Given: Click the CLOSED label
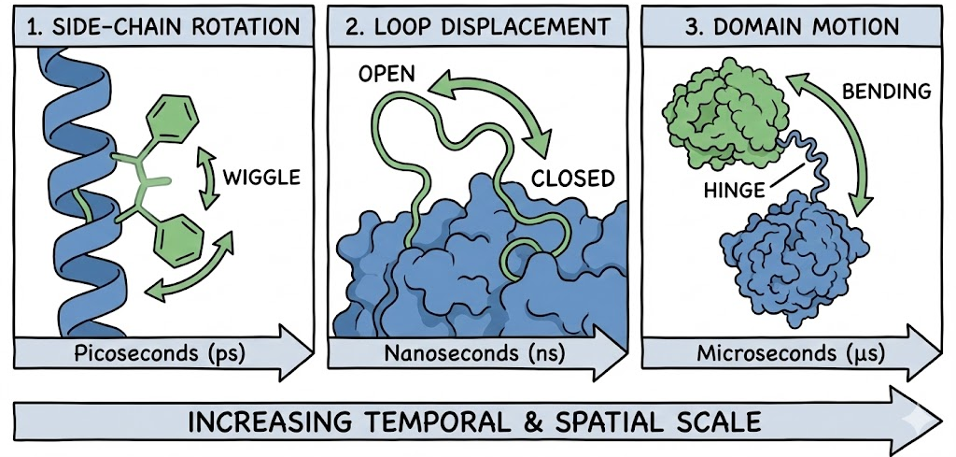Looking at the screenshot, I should [x=573, y=179].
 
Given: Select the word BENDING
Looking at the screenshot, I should [x=886, y=92].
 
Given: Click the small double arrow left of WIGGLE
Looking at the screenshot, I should [x=206, y=177].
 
